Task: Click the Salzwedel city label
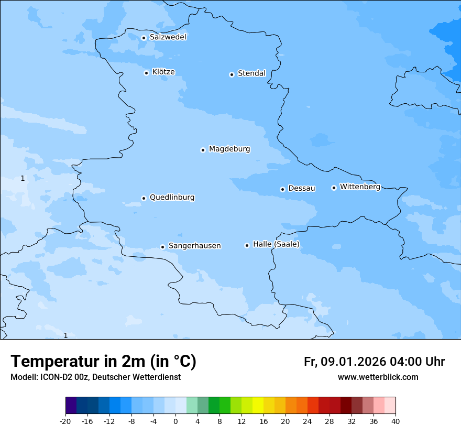point(168,37)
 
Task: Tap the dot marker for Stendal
point(232,74)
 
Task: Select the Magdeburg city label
point(229,149)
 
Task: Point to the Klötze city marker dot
point(146,73)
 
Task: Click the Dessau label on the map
point(302,188)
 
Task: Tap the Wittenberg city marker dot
point(334,188)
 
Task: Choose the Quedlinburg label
point(172,198)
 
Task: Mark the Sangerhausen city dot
point(162,247)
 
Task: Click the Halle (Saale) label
point(276,244)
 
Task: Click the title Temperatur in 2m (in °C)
point(103,362)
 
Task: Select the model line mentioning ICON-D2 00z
point(95,377)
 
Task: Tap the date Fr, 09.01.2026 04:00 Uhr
point(374,362)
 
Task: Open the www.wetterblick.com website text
point(378,377)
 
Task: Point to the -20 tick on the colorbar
point(65,421)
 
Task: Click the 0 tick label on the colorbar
point(175,421)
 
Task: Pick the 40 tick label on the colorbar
point(396,421)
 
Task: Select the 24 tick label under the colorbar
point(308,421)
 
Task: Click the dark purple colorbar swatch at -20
point(71,406)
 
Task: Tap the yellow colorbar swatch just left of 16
point(258,406)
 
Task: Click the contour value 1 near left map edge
point(23,179)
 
